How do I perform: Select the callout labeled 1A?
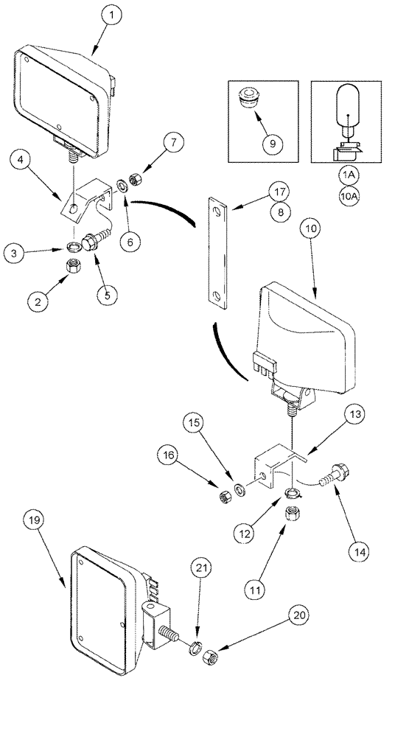click(x=346, y=175)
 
